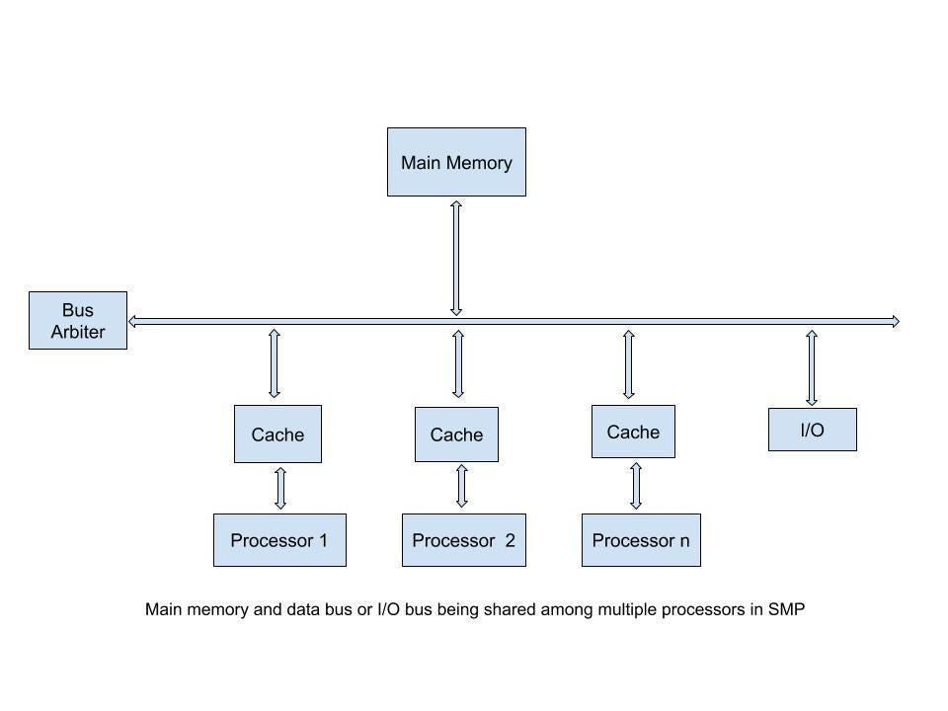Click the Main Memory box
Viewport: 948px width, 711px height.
456,162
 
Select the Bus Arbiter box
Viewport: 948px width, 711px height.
78,321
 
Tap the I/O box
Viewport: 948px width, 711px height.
812,430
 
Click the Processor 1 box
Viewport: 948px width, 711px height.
279,540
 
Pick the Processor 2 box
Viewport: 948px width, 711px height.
463,540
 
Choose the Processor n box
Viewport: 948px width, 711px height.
641,540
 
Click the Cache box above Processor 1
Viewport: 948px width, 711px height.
277,434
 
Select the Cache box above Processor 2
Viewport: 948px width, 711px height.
456,434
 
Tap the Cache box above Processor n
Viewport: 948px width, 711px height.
633,432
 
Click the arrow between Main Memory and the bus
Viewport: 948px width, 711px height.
456,258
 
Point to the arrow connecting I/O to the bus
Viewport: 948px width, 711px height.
812,367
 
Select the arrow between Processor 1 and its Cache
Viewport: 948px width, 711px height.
280,488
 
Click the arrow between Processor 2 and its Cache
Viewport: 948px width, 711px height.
461,486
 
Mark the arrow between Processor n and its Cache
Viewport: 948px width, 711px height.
636,485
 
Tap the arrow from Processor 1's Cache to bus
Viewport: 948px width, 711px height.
275,363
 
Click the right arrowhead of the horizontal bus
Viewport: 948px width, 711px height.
895,321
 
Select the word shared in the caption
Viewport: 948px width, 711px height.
513,609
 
